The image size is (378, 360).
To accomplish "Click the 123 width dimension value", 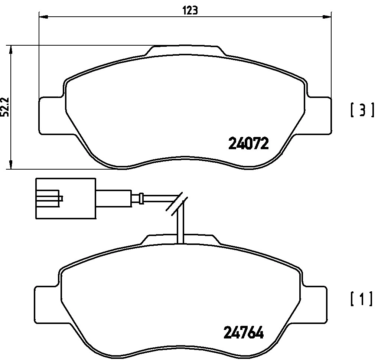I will [190, 10].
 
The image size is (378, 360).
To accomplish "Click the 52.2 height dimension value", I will [5, 107].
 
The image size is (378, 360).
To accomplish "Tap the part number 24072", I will [248, 143].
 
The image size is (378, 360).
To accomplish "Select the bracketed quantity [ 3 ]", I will [362, 111].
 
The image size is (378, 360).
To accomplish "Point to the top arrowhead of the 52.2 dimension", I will [11, 50].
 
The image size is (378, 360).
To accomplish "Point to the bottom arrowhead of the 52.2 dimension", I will [11, 164].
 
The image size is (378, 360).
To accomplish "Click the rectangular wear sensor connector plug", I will [66, 198].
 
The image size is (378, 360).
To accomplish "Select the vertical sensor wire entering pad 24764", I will [180, 226].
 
